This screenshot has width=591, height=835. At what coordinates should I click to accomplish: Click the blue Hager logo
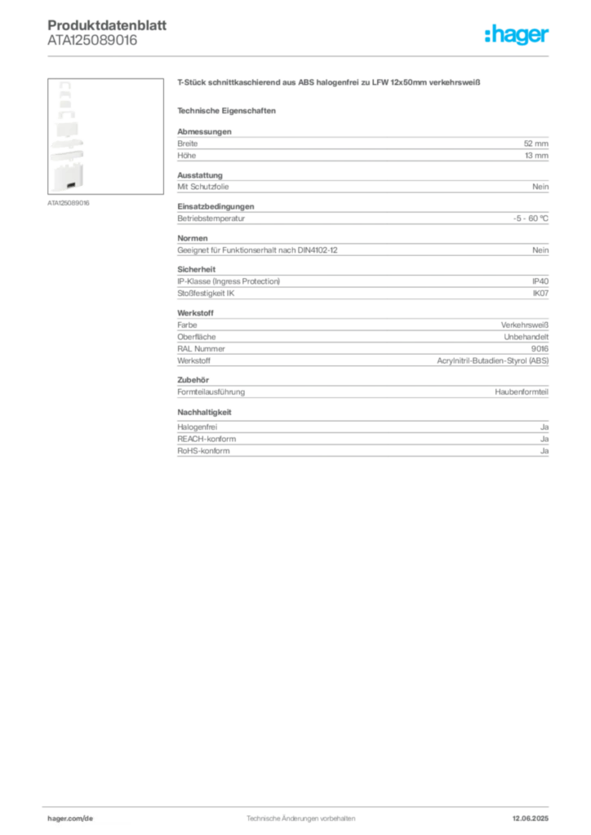click(518, 36)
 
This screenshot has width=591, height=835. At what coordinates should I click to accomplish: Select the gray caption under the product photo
click(68, 202)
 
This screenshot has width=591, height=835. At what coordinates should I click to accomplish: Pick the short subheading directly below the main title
click(229, 110)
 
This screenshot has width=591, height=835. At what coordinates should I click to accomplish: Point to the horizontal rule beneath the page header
click(300, 55)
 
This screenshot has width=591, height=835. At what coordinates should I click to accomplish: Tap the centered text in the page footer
click(300, 815)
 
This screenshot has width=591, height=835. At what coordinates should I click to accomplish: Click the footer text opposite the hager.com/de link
click(535, 815)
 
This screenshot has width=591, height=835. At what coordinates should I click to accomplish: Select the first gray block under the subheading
click(362, 147)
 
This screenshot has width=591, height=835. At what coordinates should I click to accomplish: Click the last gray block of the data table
click(362, 447)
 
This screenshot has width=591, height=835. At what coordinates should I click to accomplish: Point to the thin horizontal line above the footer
click(300, 805)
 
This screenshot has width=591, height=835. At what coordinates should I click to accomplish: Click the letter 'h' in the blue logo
click(490, 36)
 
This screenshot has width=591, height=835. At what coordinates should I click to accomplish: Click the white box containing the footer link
click(91, 818)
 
